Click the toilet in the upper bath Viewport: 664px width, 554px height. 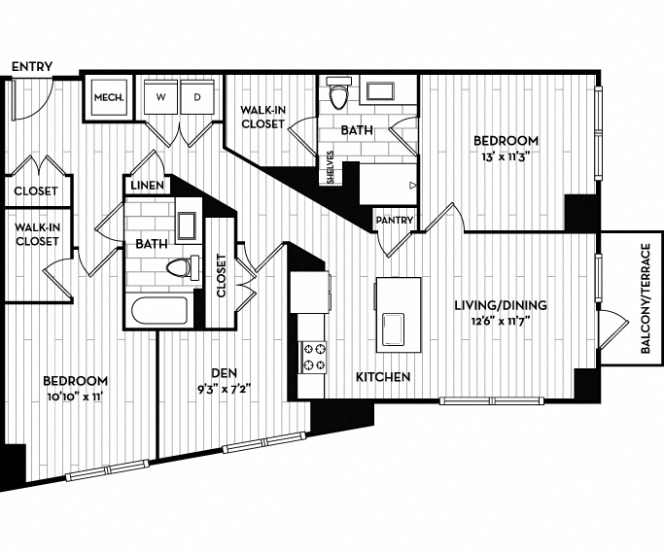click(337, 97)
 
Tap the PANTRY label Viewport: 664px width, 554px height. click(397, 221)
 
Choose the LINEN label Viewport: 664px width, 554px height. click(147, 185)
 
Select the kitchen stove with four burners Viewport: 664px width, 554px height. click(314, 357)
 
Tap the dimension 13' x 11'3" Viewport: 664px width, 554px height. click(503, 154)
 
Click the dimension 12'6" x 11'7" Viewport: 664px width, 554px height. click(501, 322)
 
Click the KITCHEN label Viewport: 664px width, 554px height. click(382, 376)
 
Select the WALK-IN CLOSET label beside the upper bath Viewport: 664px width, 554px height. click(262, 117)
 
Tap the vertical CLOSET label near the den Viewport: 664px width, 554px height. click(221, 276)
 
